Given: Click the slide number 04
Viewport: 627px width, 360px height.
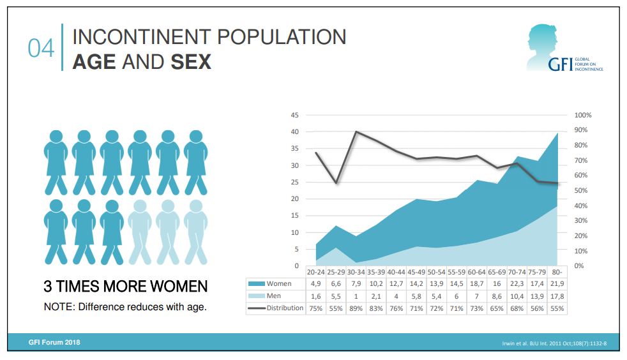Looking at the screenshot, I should tap(41, 49).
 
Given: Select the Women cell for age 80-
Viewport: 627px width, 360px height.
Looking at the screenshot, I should tap(558, 283).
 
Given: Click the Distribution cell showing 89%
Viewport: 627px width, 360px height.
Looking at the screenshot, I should tap(356, 309).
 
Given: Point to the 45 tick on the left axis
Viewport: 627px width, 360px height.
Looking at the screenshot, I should tap(294, 116).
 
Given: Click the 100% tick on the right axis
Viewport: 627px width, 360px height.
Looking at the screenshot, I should tap(583, 116).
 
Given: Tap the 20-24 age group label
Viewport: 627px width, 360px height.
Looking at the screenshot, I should tap(316, 271).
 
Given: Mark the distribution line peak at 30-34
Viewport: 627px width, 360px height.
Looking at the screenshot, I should tap(356, 131).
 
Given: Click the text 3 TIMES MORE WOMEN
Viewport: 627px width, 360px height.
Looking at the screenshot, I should tap(125, 285).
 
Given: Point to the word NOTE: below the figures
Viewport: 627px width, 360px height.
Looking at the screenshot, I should tap(59, 307).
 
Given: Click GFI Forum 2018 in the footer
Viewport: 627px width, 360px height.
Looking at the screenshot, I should tap(54, 342).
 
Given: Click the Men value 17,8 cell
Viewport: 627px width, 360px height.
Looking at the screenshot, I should tap(558, 296).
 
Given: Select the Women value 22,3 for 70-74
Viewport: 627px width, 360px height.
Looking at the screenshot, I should tap(517, 283).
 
